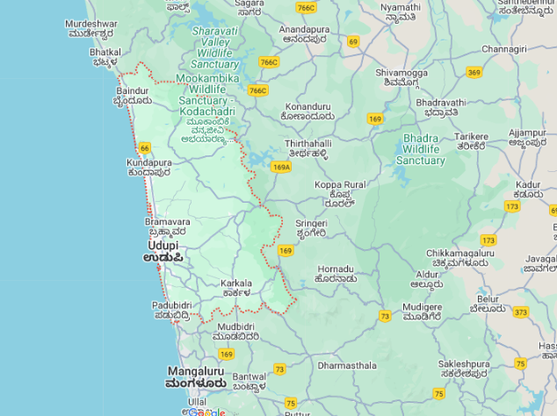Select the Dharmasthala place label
pyautogui.click(x=347, y=365)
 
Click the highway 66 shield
pyautogui.click(x=144, y=148)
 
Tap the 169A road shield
pyautogui.click(x=281, y=167)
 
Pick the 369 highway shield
pyautogui.click(x=474, y=72)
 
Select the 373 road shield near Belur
pyautogui.click(x=521, y=312)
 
